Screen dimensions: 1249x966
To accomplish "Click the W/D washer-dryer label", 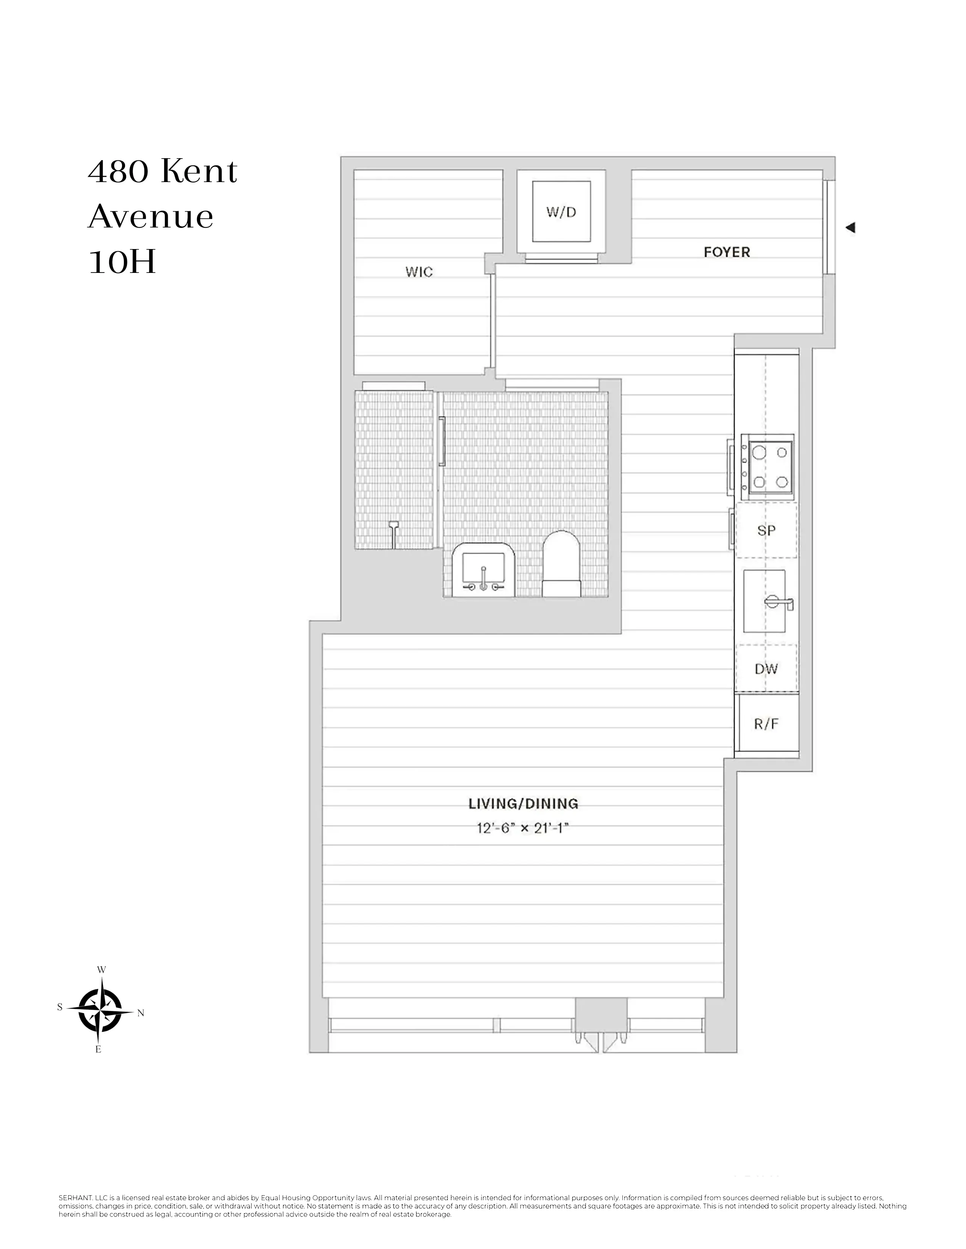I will [x=561, y=212].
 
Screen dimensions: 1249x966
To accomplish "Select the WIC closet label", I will [x=419, y=272].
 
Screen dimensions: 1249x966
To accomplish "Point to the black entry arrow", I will [x=850, y=227].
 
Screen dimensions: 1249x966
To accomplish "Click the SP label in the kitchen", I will [x=766, y=530].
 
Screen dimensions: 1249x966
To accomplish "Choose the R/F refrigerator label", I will [x=766, y=724].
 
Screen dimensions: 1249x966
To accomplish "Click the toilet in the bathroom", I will [x=561, y=564].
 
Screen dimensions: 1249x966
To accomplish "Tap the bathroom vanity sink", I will [x=484, y=570].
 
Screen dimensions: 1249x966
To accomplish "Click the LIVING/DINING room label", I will [x=523, y=804].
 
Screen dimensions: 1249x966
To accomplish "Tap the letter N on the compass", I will [x=141, y=1013].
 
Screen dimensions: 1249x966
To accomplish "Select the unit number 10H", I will [x=122, y=263].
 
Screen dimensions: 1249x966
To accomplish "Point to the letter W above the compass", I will [x=101, y=969].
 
